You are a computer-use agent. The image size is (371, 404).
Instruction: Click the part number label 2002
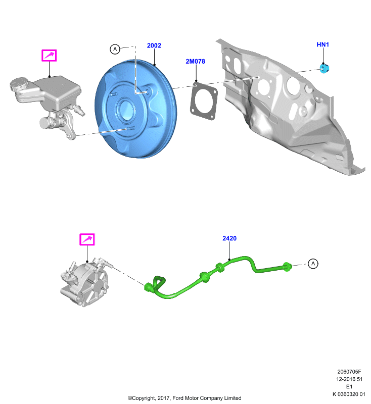154,45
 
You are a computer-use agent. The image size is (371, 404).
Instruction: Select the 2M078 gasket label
196,61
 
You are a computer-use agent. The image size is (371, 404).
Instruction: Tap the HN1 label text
323,44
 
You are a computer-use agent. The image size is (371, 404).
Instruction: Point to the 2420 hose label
229,238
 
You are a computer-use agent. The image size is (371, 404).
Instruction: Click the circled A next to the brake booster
115,49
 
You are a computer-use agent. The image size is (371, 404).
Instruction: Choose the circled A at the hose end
313,264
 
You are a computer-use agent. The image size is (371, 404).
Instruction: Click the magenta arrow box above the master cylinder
49,56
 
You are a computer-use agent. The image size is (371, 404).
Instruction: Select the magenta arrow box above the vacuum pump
87,239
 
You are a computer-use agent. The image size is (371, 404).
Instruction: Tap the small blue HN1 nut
324,68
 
